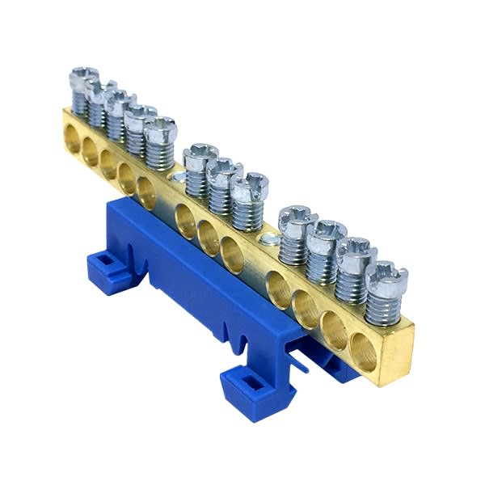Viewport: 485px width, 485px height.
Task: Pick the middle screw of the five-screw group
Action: click(120, 103)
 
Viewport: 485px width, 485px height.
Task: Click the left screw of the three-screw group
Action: click(200, 154)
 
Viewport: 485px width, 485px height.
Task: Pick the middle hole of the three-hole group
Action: click(208, 236)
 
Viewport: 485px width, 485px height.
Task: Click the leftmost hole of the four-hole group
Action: click(280, 289)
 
